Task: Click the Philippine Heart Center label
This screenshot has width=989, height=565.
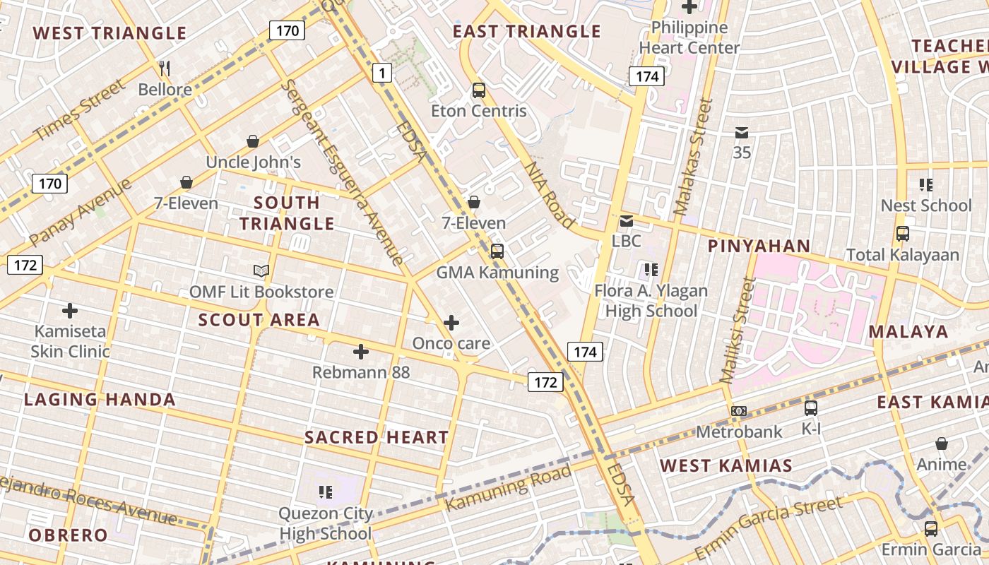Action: click(x=689, y=38)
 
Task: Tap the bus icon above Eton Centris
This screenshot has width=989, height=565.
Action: click(x=479, y=90)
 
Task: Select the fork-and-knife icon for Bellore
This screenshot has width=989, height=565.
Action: click(x=165, y=69)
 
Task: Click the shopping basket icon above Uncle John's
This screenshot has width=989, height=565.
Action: click(x=253, y=141)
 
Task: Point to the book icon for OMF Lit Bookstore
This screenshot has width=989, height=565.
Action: click(x=261, y=270)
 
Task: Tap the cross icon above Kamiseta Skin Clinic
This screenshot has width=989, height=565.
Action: click(x=70, y=310)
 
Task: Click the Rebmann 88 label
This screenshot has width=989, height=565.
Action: click(x=361, y=372)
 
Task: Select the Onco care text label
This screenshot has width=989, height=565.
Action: click(x=451, y=343)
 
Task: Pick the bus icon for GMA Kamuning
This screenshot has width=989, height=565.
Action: click(x=497, y=251)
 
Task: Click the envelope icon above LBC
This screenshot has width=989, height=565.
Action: click(x=626, y=221)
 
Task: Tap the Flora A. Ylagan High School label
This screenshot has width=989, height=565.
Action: click(x=651, y=301)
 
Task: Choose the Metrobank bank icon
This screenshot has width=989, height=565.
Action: click(x=739, y=411)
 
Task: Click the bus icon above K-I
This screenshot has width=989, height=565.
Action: click(x=811, y=408)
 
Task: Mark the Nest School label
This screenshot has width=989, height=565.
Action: click(x=925, y=206)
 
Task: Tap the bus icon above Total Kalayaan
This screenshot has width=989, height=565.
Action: click(x=902, y=234)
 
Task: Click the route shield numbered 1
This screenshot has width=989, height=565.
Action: click(x=382, y=72)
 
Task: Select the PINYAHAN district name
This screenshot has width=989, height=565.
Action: click(x=759, y=246)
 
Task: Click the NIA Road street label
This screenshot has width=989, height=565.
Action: click(x=549, y=195)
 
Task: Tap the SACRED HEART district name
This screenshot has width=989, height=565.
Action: click(x=377, y=437)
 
